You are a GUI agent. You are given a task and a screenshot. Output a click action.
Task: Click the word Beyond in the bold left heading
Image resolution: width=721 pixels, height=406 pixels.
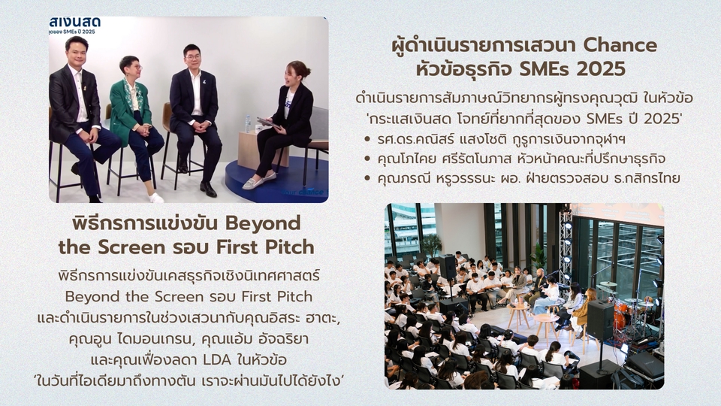(262, 223)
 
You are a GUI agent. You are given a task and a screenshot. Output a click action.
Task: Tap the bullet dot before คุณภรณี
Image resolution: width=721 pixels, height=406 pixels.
(366, 178)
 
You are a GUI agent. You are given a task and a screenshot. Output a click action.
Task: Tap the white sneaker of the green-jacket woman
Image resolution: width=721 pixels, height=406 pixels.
(155, 197)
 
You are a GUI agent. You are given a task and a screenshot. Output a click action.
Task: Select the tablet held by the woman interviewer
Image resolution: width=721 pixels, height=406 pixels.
(267, 121)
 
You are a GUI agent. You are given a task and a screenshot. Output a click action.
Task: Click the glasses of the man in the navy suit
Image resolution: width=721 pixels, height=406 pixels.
(192, 57)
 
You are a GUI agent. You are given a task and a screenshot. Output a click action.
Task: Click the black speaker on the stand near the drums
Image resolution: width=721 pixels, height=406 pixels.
(600, 320)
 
